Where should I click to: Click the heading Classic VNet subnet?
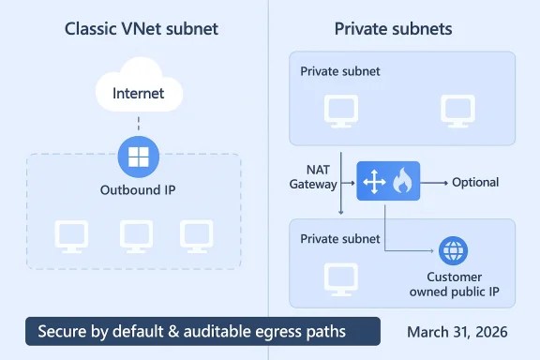click(141, 29)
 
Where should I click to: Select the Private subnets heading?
click(393, 29)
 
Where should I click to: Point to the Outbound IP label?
click(138, 189)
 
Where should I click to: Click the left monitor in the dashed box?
click(70, 235)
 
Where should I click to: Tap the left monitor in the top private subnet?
click(339, 111)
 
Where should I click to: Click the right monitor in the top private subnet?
click(457, 111)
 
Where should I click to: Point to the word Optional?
click(474, 182)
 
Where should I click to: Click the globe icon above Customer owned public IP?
click(453, 251)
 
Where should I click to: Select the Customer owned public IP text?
click(453, 284)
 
